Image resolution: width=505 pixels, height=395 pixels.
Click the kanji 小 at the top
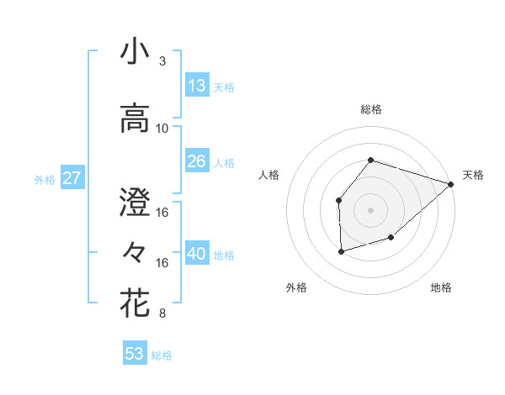click(135, 53)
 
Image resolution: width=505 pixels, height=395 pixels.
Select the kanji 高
click(135, 118)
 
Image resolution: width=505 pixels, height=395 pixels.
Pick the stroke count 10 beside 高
click(162, 128)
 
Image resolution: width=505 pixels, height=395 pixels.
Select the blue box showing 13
click(196, 86)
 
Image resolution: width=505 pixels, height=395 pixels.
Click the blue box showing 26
click(196, 161)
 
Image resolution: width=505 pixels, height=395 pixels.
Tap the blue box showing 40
click(196, 254)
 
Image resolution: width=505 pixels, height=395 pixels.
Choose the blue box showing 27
click(72, 178)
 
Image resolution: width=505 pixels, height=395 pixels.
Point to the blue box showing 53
click(134, 354)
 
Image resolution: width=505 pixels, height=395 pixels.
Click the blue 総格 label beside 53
click(162, 355)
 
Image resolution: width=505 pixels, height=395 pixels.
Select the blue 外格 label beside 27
click(45, 179)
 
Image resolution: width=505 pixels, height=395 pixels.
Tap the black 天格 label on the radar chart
click(473, 175)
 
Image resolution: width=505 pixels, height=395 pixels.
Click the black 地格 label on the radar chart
click(441, 288)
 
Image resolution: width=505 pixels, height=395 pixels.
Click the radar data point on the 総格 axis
click(370, 160)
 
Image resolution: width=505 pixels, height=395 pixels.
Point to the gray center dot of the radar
click(370, 210)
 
